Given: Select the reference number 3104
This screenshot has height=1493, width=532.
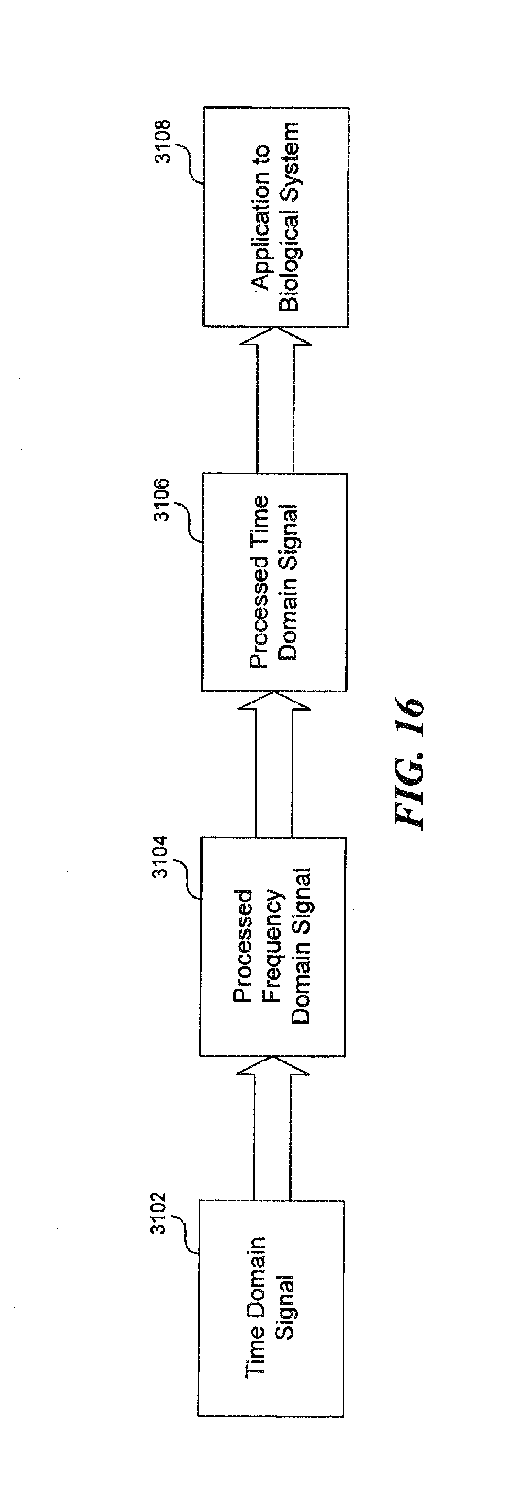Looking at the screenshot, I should (x=161, y=856).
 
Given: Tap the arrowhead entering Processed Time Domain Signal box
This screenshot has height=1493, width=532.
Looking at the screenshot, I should (x=273, y=701).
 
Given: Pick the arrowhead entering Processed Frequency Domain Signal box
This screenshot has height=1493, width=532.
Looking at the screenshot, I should (x=272, y=1065).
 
